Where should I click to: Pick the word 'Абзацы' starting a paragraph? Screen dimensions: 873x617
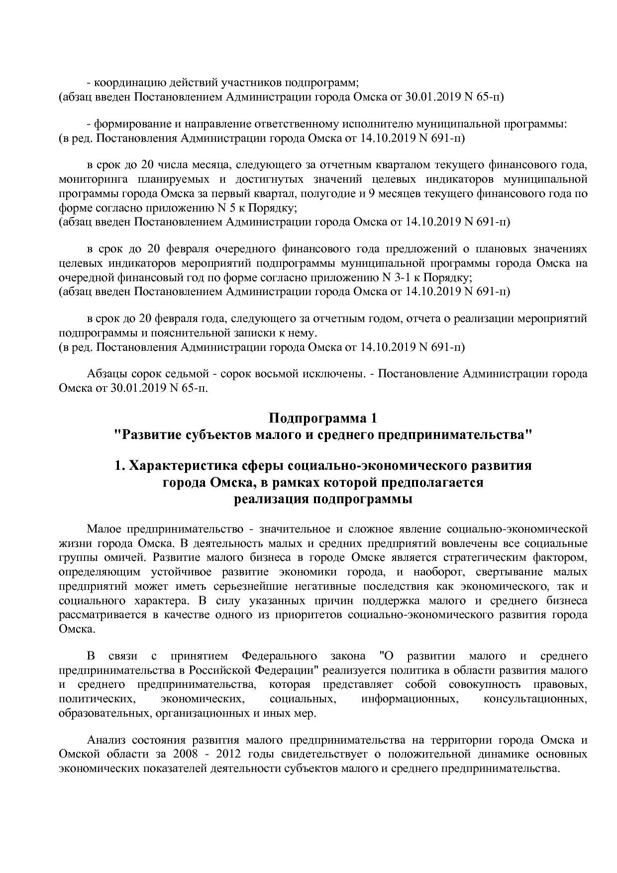point(106,374)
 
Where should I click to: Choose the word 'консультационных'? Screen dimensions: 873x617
point(535,699)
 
